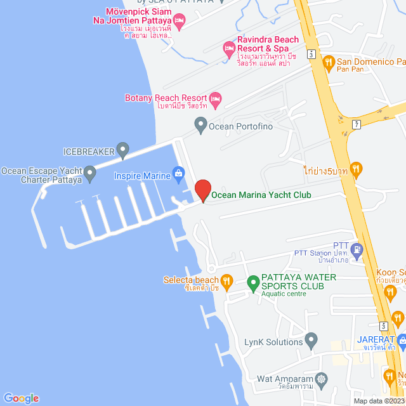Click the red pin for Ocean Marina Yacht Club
(202, 190)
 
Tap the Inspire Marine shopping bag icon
(179, 173)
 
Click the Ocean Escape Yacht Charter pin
(90, 172)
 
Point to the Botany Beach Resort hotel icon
(216, 98)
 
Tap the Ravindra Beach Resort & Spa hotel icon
(228, 48)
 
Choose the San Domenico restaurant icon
(328, 62)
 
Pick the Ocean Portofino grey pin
(201, 125)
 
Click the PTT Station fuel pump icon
(357, 249)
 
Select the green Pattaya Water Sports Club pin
(252, 280)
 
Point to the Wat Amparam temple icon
(322, 379)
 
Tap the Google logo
(20, 398)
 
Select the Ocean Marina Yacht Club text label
(261, 195)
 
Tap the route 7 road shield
(357, 122)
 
